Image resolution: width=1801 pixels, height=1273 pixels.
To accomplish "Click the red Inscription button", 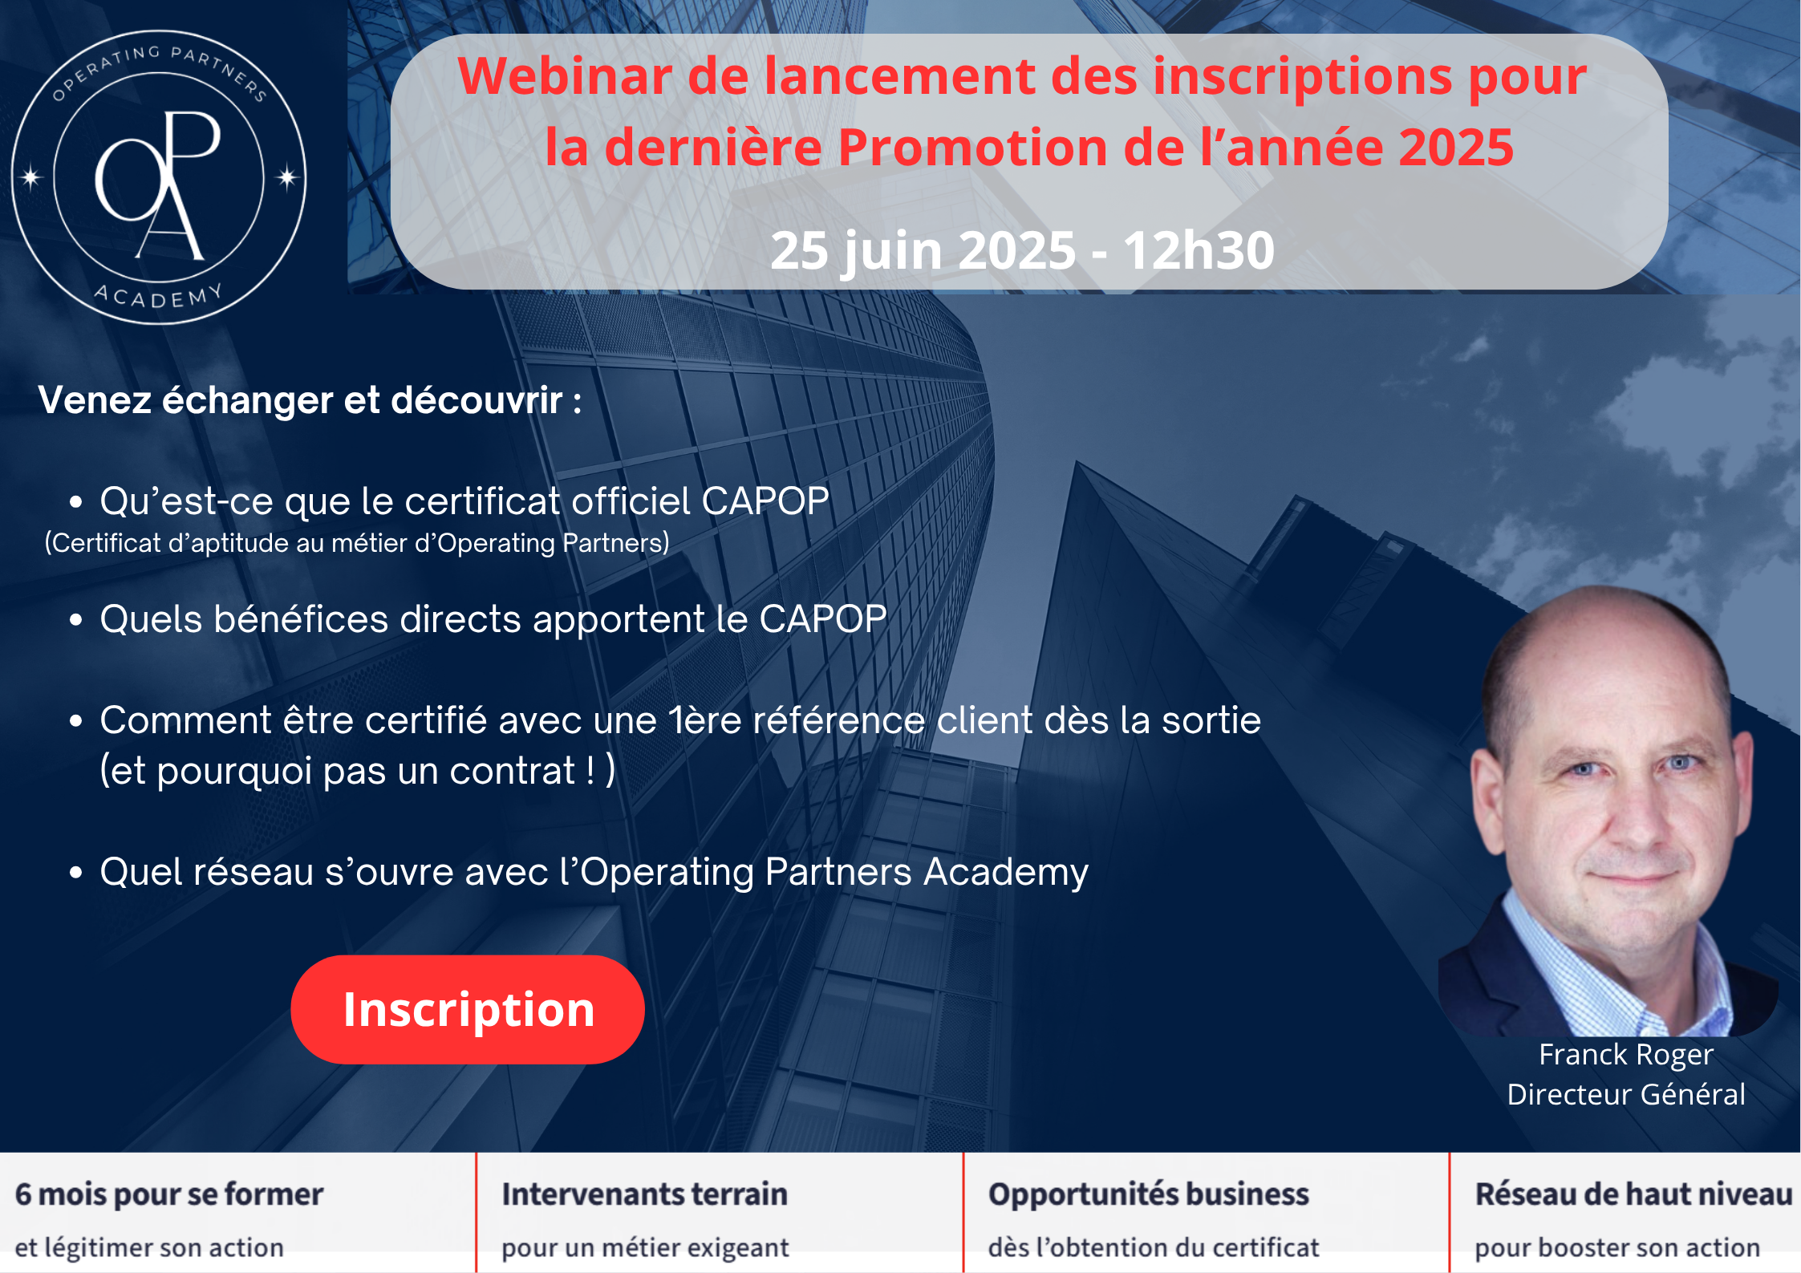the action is coord(468,1009).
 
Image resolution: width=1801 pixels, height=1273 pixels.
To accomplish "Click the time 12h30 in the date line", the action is coord(1199,250).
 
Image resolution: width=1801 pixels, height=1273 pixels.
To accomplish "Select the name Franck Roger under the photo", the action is coord(1626,1055).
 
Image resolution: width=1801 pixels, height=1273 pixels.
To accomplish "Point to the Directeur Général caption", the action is coord(1626,1094).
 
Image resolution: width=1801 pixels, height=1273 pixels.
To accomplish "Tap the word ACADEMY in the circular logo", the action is coord(159,295).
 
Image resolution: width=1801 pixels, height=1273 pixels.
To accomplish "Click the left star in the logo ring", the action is coord(31,176).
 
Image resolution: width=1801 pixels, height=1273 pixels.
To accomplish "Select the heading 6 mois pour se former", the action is coord(169,1194).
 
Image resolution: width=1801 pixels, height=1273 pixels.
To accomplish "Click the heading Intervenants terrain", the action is coord(644,1194).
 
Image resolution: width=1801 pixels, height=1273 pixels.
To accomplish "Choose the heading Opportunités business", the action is coord(1148,1195).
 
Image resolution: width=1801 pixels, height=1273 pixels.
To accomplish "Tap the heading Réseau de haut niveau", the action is coord(1633,1194).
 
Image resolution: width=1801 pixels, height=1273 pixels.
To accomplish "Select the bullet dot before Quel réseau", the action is coord(76,873).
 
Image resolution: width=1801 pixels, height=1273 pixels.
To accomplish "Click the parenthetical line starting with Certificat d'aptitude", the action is coord(357,543).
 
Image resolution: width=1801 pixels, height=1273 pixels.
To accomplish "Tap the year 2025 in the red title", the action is coord(1455,148).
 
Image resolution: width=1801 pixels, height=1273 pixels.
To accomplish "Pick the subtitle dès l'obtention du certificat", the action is coord(1154,1248).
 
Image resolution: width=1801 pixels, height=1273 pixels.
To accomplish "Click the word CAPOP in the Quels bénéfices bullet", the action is coord(823,619).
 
